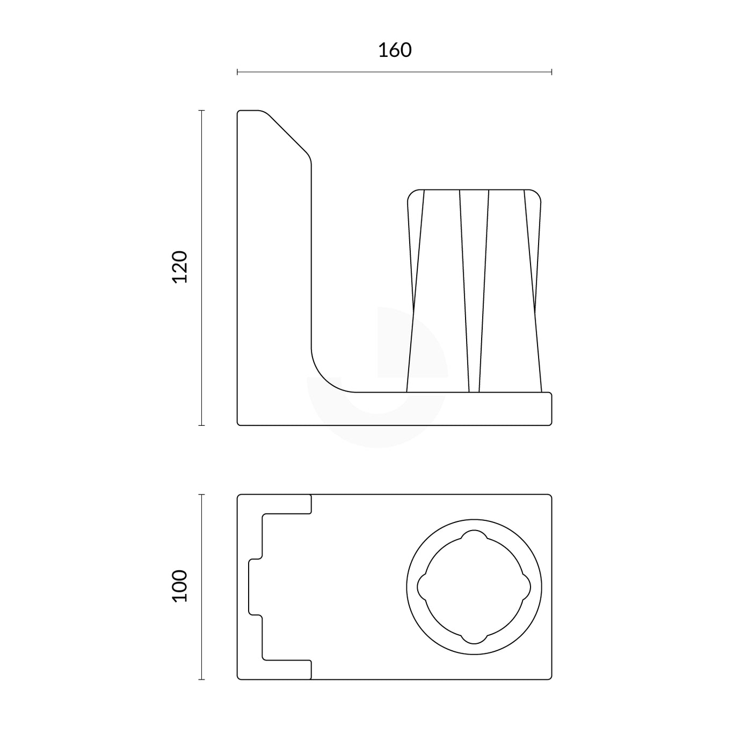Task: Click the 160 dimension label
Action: click(395, 50)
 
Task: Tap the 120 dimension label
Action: click(180, 267)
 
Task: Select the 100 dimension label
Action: click(180, 586)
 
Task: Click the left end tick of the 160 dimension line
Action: click(237, 71)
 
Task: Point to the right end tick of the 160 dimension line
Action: click(551, 71)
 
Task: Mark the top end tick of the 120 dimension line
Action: click(201, 111)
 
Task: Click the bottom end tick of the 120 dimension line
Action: click(201, 425)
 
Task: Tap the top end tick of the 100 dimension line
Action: click(201, 495)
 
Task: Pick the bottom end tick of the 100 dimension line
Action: click(201, 679)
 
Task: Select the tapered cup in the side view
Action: click(474, 290)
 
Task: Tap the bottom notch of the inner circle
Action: click(474, 638)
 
